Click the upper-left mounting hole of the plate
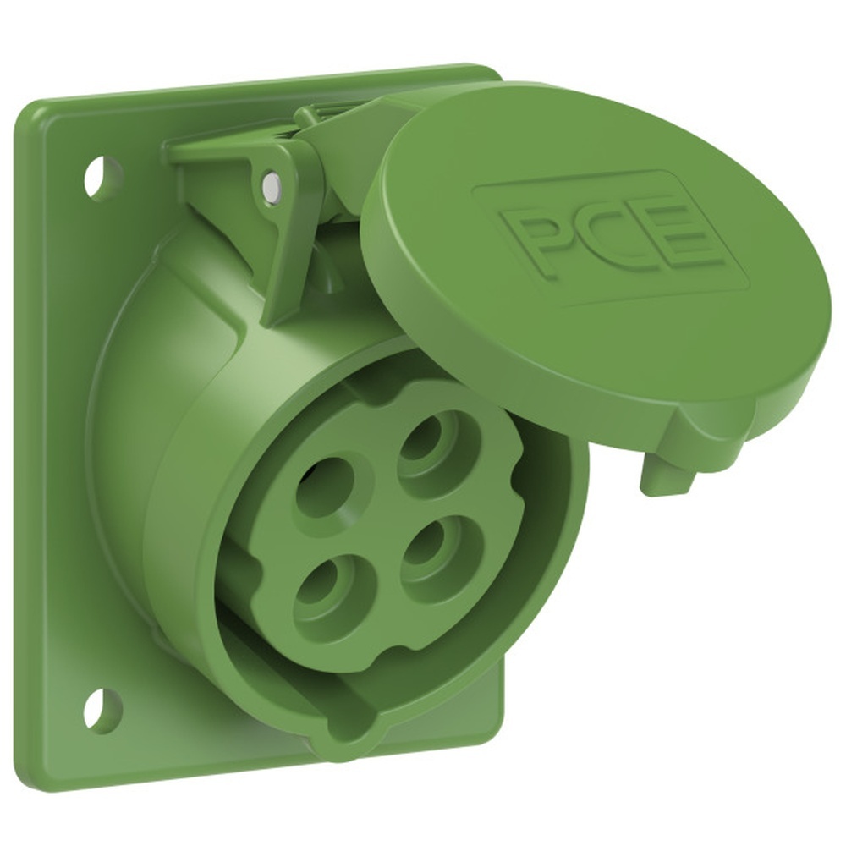tap(101, 174)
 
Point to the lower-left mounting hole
tap(101, 709)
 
